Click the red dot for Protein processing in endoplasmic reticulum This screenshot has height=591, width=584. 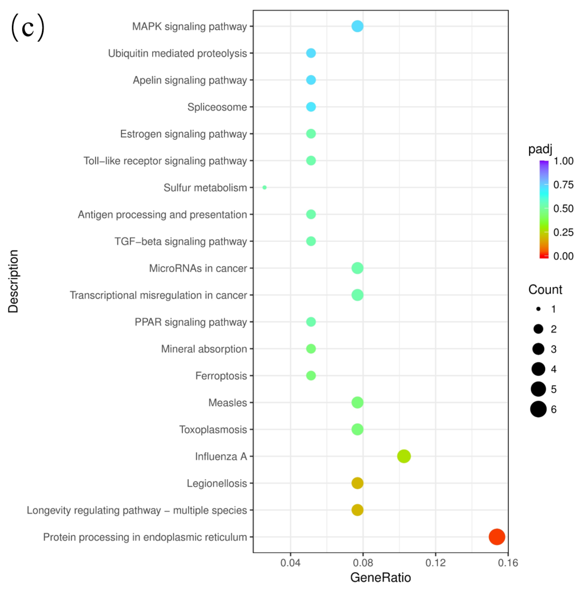496,537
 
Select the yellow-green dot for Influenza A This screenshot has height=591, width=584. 404,456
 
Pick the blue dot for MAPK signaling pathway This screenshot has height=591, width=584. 357,26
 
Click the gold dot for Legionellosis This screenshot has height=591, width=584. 357,483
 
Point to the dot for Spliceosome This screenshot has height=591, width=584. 311,107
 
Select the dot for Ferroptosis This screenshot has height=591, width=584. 311,375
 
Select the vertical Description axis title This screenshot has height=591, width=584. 13,281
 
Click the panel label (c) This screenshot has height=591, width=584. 27,28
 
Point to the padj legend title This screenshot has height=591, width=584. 540,149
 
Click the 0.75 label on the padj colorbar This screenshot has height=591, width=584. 563,185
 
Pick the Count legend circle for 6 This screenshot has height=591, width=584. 538,409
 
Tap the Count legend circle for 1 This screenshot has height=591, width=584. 538,309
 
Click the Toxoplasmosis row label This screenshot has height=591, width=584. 213,430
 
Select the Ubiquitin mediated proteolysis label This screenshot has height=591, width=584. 178,53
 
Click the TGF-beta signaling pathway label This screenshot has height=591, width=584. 181,241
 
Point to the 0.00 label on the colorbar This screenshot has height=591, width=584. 563,256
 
